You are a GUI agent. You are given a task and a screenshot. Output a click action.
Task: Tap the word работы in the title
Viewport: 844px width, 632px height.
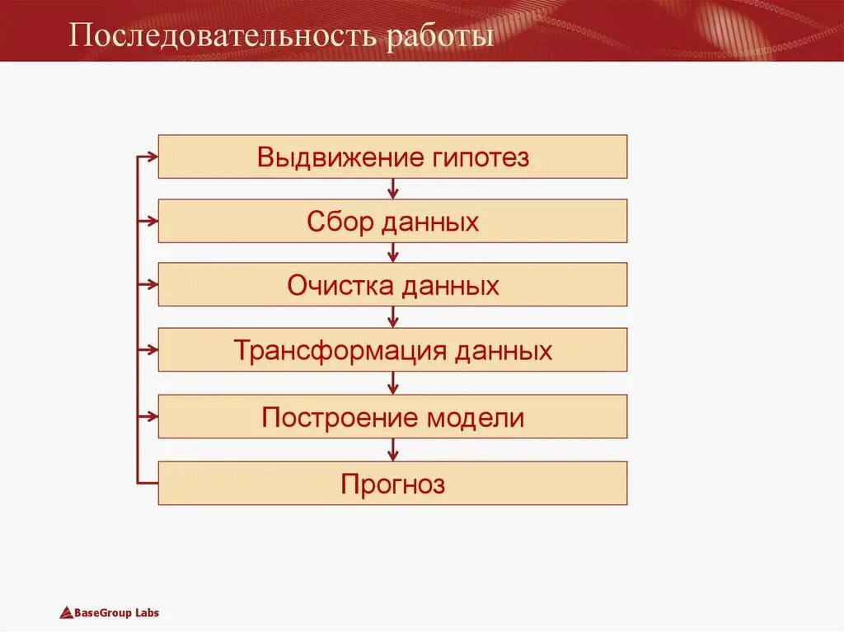[x=441, y=37]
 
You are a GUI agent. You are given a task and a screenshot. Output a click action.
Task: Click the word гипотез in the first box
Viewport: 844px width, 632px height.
[x=481, y=157]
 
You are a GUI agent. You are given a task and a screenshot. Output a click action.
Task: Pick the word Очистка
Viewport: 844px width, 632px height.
[x=341, y=286]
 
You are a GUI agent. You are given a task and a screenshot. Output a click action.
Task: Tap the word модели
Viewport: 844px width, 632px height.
[x=476, y=418]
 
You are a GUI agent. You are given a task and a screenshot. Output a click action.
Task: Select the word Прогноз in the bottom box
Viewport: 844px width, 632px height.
[x=393, y=484]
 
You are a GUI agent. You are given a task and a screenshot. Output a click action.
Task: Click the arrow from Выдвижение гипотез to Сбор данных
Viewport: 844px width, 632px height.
[x=393, y=189]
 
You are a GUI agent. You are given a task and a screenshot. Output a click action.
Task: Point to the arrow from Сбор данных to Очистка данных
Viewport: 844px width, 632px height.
[x=393, y=253]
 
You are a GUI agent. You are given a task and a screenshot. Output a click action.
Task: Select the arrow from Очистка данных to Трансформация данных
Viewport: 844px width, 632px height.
[x=393, y=317]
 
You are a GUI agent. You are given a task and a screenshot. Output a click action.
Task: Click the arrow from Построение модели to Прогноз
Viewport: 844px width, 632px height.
[x=393, y=449]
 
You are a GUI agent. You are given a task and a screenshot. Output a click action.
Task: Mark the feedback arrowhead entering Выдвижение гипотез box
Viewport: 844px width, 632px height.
[x=151, y=156]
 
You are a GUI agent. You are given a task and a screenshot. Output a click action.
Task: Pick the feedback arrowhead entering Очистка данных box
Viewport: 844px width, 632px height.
[x=151, y=284]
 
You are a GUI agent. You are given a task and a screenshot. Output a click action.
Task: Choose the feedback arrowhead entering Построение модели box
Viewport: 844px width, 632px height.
[x=151, y=416]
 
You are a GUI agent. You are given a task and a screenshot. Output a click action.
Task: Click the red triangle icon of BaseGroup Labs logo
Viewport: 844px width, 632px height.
[x=66, y=612]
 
